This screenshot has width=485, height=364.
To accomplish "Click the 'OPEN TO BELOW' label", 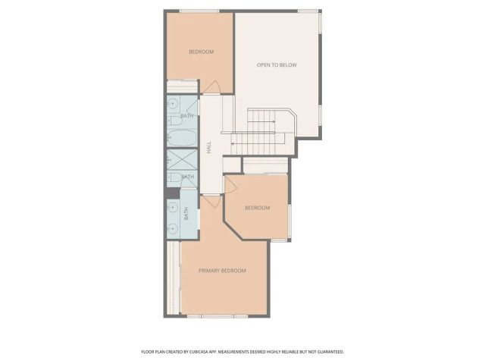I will click(277, 65).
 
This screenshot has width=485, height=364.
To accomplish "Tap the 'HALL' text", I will click(210, 148).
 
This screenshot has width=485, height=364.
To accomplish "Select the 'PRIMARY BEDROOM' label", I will click(223, 271).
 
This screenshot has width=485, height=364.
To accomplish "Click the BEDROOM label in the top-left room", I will click(201, 52).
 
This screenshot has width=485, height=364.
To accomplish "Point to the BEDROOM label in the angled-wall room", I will click(257, 208).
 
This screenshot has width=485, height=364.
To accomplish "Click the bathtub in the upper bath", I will click(182, 140).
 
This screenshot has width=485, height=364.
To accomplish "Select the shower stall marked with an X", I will click(182, 161).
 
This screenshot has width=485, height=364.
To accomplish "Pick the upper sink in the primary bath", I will click(172, 204).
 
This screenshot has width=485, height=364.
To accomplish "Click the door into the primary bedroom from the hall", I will click(211, 202).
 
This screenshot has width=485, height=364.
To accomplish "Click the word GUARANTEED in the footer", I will click(327, 352).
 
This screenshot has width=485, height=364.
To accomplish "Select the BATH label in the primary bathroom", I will click(186, 214).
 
